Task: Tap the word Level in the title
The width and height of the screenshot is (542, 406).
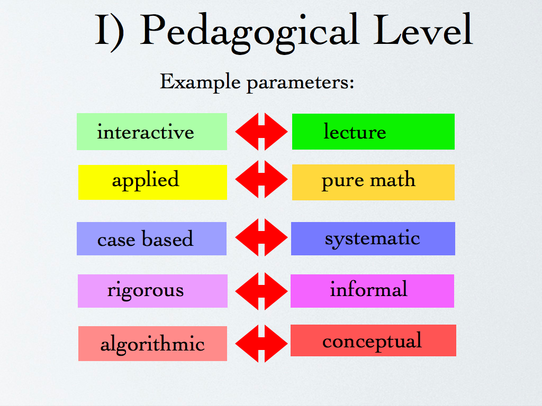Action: pos(423,30)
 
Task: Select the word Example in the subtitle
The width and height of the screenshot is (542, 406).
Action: pos(200,81)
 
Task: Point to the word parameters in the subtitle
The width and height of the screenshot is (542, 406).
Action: pos(301,83)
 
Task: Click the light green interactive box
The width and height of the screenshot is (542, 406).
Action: pos(152,132)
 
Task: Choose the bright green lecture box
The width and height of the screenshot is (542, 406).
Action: pos(373,132)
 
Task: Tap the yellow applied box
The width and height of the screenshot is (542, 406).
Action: pos(152,182)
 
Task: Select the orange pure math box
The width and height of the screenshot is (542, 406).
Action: pos(373,182)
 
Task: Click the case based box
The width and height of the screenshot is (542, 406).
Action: pos(152,238)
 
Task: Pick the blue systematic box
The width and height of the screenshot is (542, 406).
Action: pos(373,238)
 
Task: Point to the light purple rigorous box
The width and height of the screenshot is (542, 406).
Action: pos(152,291)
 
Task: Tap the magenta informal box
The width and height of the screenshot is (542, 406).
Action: pos(372,291)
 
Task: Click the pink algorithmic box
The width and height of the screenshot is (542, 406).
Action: pos(152,344)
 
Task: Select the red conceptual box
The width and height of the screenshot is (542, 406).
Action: pos(373,340)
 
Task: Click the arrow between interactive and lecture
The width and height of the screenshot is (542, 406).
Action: pos(261,132)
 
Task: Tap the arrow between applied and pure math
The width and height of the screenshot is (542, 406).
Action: pos(261,179)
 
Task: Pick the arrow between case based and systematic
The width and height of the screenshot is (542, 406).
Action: pos(261,237)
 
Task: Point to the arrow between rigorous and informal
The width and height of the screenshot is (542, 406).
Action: pos(261,291)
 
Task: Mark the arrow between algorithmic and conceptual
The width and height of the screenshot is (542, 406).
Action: pos(261,344)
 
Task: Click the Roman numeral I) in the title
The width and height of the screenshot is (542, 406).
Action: pos(110,32)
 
